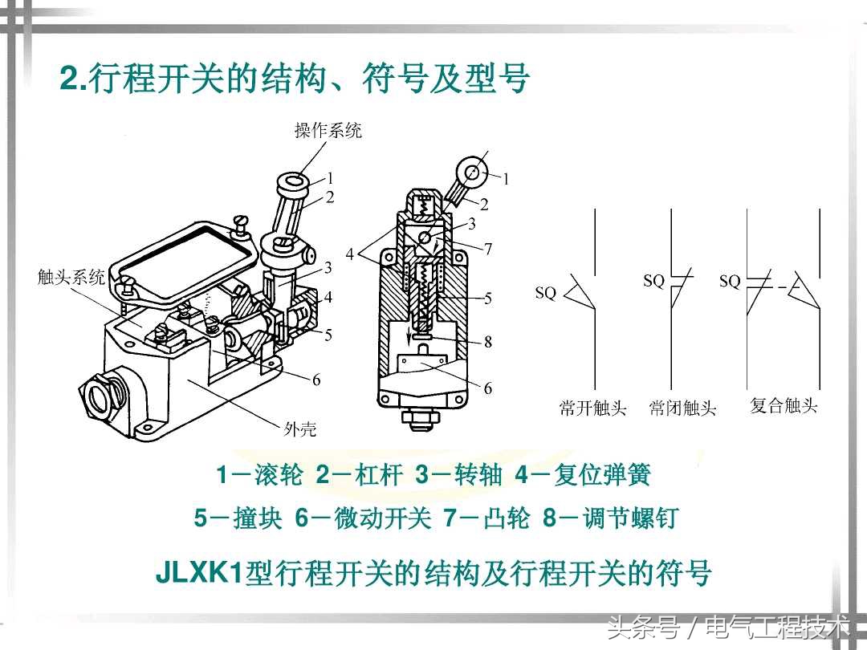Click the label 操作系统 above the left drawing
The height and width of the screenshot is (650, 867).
328,131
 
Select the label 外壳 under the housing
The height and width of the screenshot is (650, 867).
299,429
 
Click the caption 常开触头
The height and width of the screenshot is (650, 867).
592,408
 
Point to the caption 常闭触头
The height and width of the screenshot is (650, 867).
682,408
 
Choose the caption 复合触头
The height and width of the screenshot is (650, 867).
784,406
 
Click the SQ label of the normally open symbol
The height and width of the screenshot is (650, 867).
545,292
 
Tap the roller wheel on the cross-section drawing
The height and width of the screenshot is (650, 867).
472,173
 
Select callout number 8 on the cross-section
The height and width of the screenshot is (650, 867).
488,342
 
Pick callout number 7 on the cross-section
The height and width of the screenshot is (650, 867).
488,250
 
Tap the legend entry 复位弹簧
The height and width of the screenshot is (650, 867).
583,475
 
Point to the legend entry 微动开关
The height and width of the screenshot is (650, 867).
362,518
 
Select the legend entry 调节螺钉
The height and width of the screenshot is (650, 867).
610,518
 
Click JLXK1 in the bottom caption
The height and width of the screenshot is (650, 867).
200,573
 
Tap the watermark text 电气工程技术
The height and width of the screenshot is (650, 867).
778,628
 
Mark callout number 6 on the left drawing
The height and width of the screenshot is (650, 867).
316,380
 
